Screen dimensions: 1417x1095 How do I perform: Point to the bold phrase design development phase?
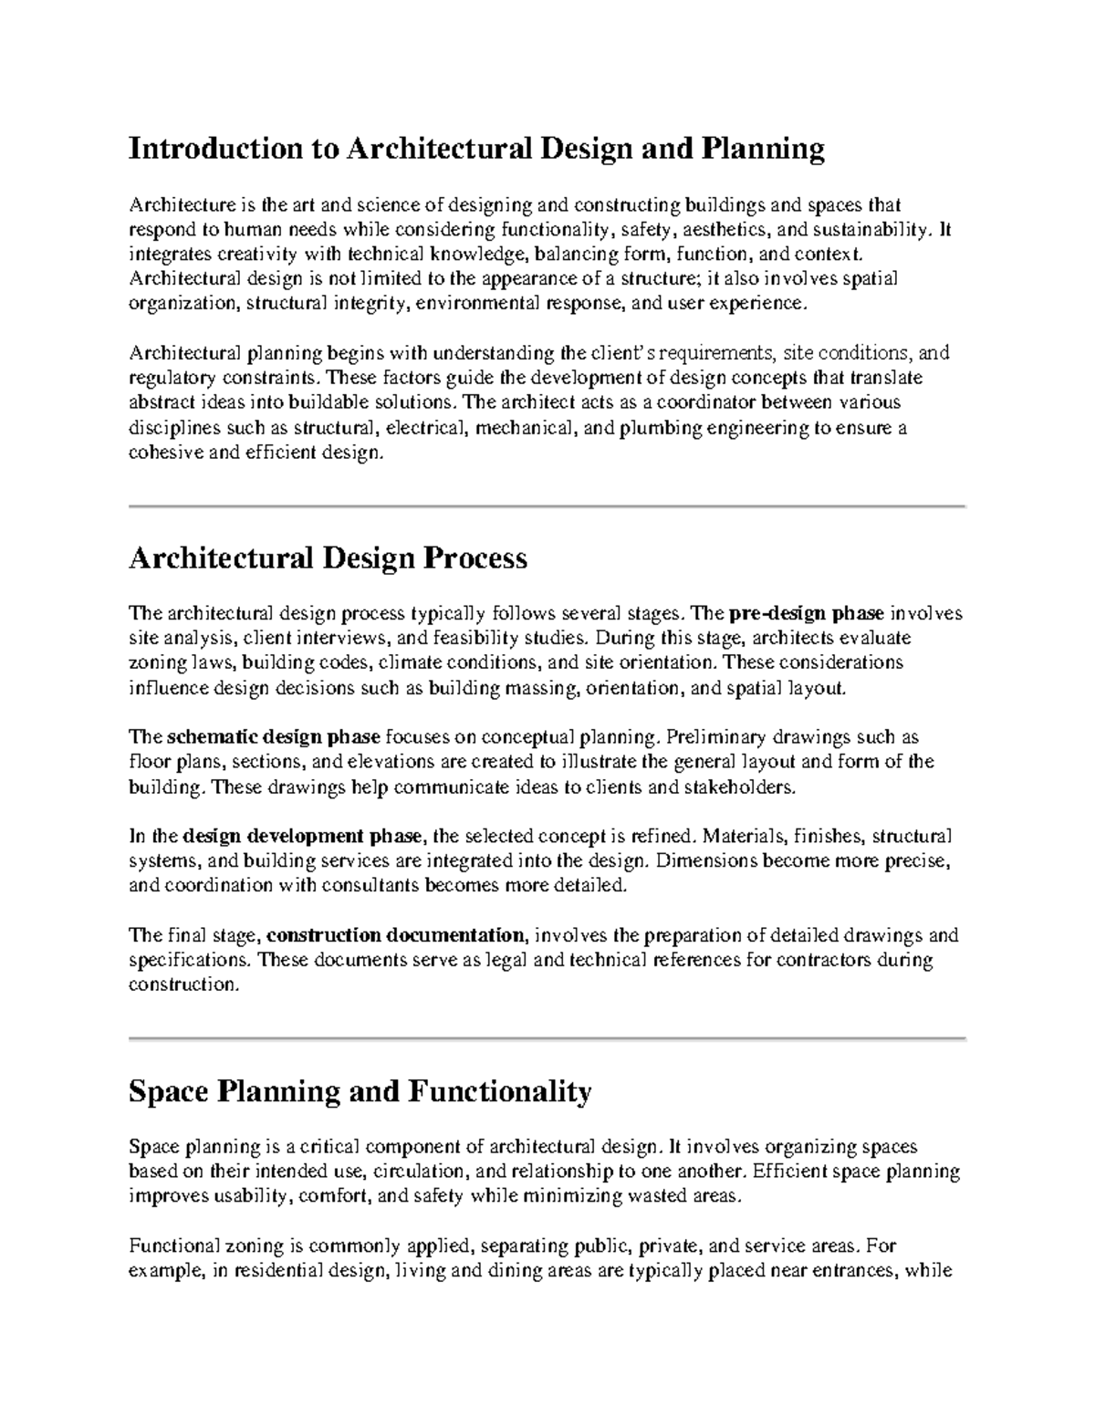click(302, 836)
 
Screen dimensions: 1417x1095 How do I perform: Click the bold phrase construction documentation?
click(396, 935)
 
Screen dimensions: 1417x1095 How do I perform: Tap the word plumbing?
click(661, 428)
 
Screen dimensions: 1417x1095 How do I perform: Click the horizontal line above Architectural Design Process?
click(547, 505)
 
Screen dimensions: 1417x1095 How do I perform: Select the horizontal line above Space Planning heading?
click(547, 1038)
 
